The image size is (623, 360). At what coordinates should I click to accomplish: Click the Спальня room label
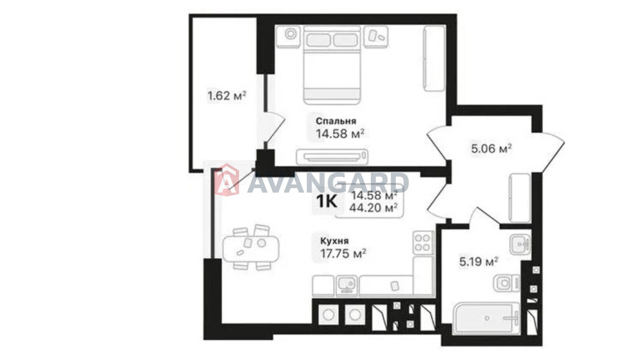click(336, 121)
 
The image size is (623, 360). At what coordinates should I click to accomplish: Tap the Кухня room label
click(334, 241)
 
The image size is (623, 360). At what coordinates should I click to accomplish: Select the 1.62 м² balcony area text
click(227, 96)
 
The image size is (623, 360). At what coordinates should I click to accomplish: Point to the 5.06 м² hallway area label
click(491, 148)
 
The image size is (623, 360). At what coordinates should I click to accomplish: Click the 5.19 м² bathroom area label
click(479, 262)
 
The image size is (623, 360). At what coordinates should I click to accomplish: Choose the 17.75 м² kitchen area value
click(343, 253)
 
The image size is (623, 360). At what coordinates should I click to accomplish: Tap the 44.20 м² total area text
click(373, 207)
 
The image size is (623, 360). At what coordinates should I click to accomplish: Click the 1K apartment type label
click(327, 201)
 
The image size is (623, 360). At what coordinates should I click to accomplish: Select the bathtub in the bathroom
click(486, 318)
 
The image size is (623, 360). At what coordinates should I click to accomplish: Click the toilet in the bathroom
click(507, 283)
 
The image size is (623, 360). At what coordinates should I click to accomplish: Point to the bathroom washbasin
click(520, 244)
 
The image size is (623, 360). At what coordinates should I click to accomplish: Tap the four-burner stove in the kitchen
click(423, 242)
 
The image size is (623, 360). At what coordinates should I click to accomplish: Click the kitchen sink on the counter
click(347, 285)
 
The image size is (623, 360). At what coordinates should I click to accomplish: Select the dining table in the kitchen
click(251, 249)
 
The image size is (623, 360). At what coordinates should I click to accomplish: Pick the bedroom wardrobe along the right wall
click(434, 58)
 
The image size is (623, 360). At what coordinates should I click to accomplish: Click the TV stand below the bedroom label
click(332, 157)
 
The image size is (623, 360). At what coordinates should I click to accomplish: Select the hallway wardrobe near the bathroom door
click(519, 198)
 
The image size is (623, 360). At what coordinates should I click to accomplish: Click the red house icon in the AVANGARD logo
click(227, 180)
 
